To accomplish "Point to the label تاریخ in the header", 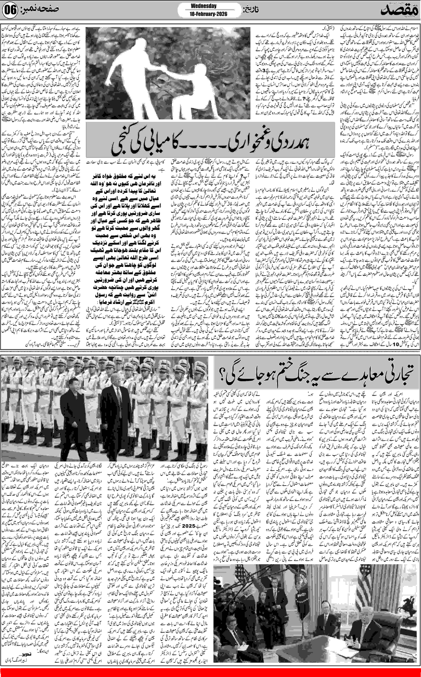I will (x=249, y=11).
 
